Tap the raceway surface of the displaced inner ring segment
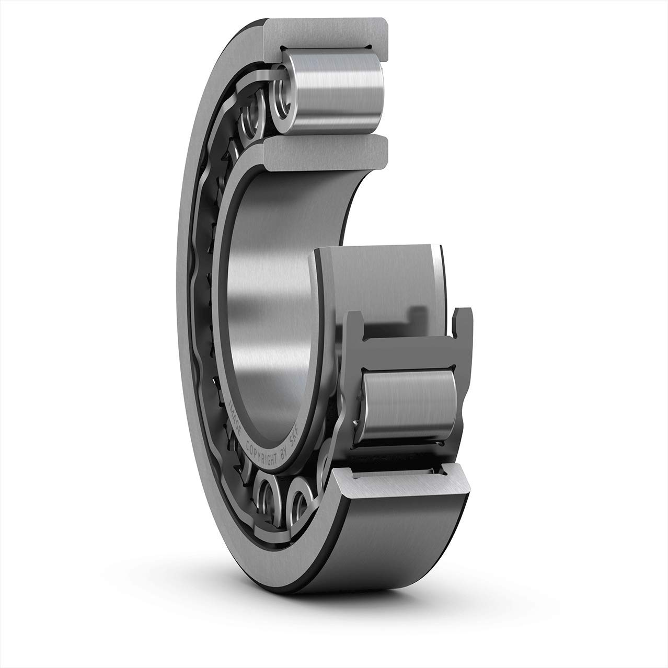[x=376, y=282]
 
